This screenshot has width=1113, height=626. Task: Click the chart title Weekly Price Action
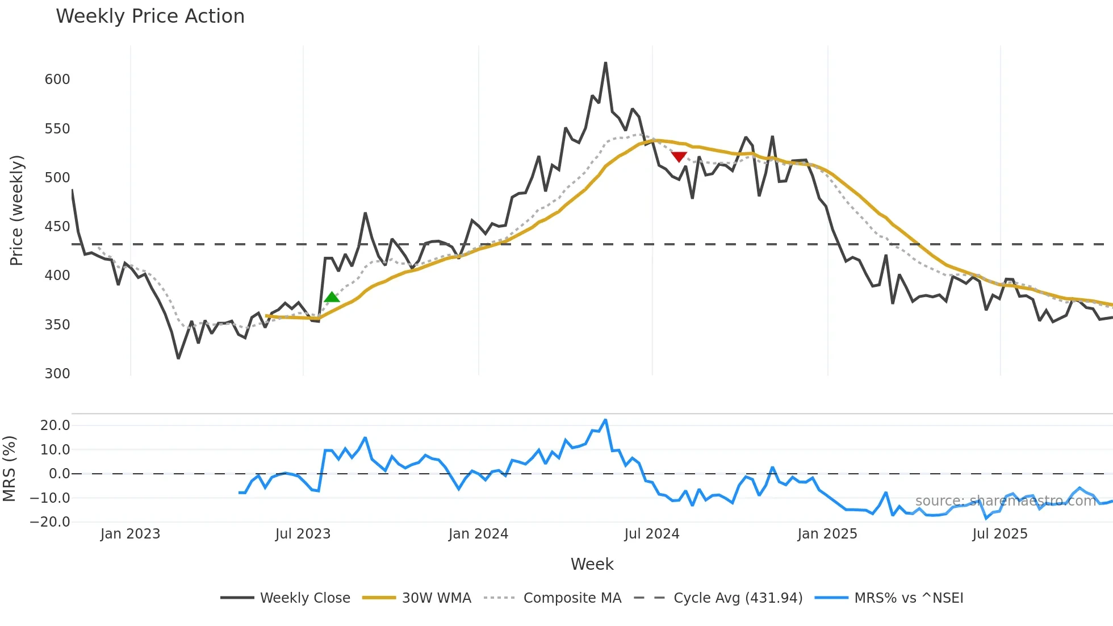(x=150, y=16)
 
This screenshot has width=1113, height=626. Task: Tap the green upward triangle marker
(x=332, y=297)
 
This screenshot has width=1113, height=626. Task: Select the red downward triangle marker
(x=679, y=156)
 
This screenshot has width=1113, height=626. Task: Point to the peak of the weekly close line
(x=605, y=63)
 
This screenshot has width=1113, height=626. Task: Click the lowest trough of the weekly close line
(x=178, y=358)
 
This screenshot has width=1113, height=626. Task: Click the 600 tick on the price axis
(x=57, y=80)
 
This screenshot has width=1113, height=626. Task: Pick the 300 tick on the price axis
(x=57, y=374)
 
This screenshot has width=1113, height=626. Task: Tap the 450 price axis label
(x=57, y=227)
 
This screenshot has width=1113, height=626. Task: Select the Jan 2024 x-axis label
(x=478, y=534)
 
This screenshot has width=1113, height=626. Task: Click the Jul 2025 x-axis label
(x=999, y=534)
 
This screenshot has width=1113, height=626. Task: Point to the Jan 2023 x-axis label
(x=130, y=534)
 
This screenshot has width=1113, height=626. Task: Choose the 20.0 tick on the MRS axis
(x=55, y=425)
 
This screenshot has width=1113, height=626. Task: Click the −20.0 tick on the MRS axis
(x=51, y=522)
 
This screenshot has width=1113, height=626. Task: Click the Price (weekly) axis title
(x=17, y=210)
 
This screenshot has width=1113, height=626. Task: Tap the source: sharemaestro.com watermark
(x=1006, y=501)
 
